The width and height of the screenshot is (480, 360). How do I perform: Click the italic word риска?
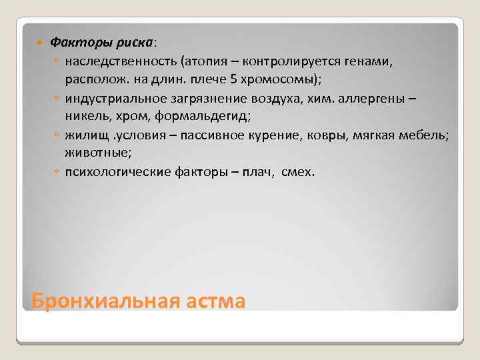tap(132, 41)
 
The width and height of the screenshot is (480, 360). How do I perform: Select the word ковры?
tap(343, 135)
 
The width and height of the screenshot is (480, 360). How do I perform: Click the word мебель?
tap(427, 135)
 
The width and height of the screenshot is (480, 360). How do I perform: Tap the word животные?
tap(95, 153)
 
